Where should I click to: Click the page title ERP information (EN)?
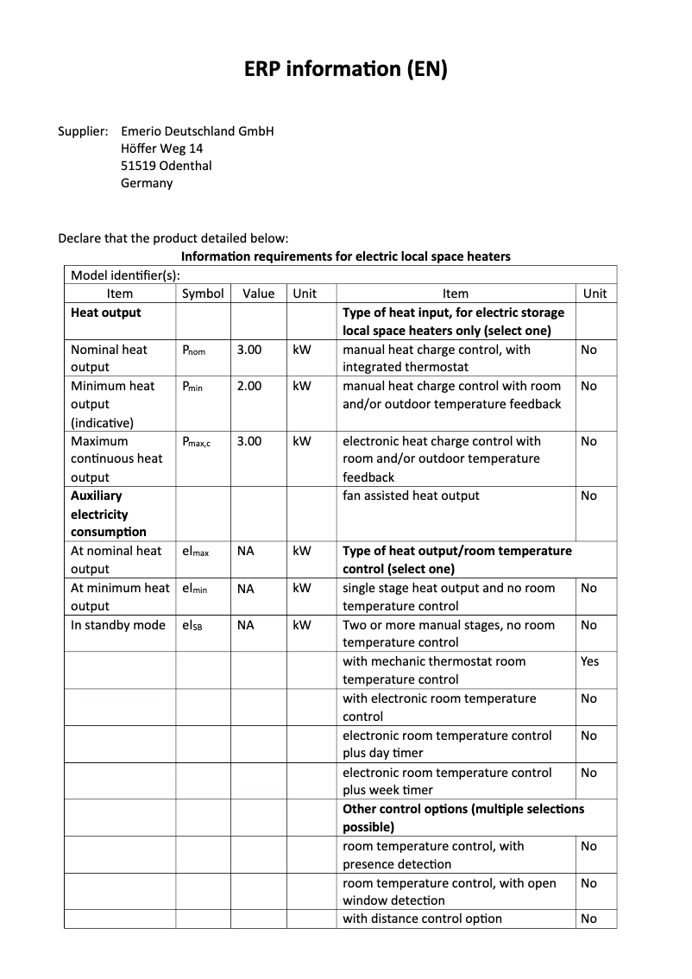click(x=346, y=70)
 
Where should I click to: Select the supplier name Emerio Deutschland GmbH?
click(x=197, y=131)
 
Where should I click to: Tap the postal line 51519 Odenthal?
click(x=166, y=166)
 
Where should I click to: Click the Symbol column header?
click(x=203, y=294)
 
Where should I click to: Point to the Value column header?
click(x=258, y=294)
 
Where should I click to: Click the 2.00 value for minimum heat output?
click(x=249, y=387)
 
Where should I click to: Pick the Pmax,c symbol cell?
click(x=196, y=441)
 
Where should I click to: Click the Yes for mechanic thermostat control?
click(x=589, y=661)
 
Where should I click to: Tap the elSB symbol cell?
click(x=192, y=625)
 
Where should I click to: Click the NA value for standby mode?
click(x=246, y=625)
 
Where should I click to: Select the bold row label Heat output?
click(x=105, y=313)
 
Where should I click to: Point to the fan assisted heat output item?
click(x=411, y=496)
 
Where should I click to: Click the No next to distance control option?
click(x=588, y=919)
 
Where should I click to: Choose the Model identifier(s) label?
click(x=125, y=275)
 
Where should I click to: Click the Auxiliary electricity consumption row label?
click(x=108, y=514)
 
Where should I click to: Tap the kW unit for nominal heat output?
click(x=301, y=351)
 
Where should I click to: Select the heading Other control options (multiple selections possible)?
click(x=463, y=818)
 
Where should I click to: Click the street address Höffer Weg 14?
click(x=162, y=148)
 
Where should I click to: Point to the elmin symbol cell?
click(x=194, y=589)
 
